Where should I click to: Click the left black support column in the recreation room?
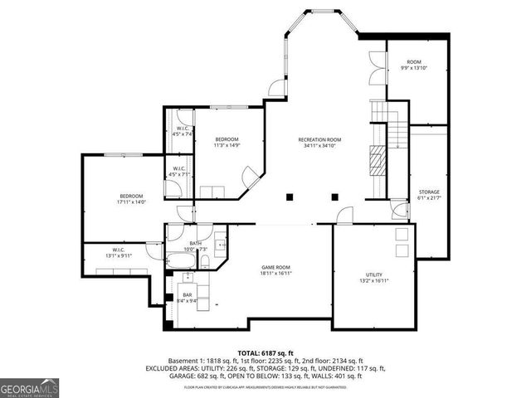(x=290, y=197)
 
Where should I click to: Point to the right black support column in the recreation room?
(x=334, y=197)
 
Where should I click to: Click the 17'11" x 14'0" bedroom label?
(x=131, y=198)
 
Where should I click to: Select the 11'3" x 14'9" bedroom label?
(x=227, y=142)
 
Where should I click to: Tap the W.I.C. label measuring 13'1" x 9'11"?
(x=118, y=252)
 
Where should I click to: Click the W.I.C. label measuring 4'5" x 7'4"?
(x=183, y=130)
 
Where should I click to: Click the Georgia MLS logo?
(x=27, y=386)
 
